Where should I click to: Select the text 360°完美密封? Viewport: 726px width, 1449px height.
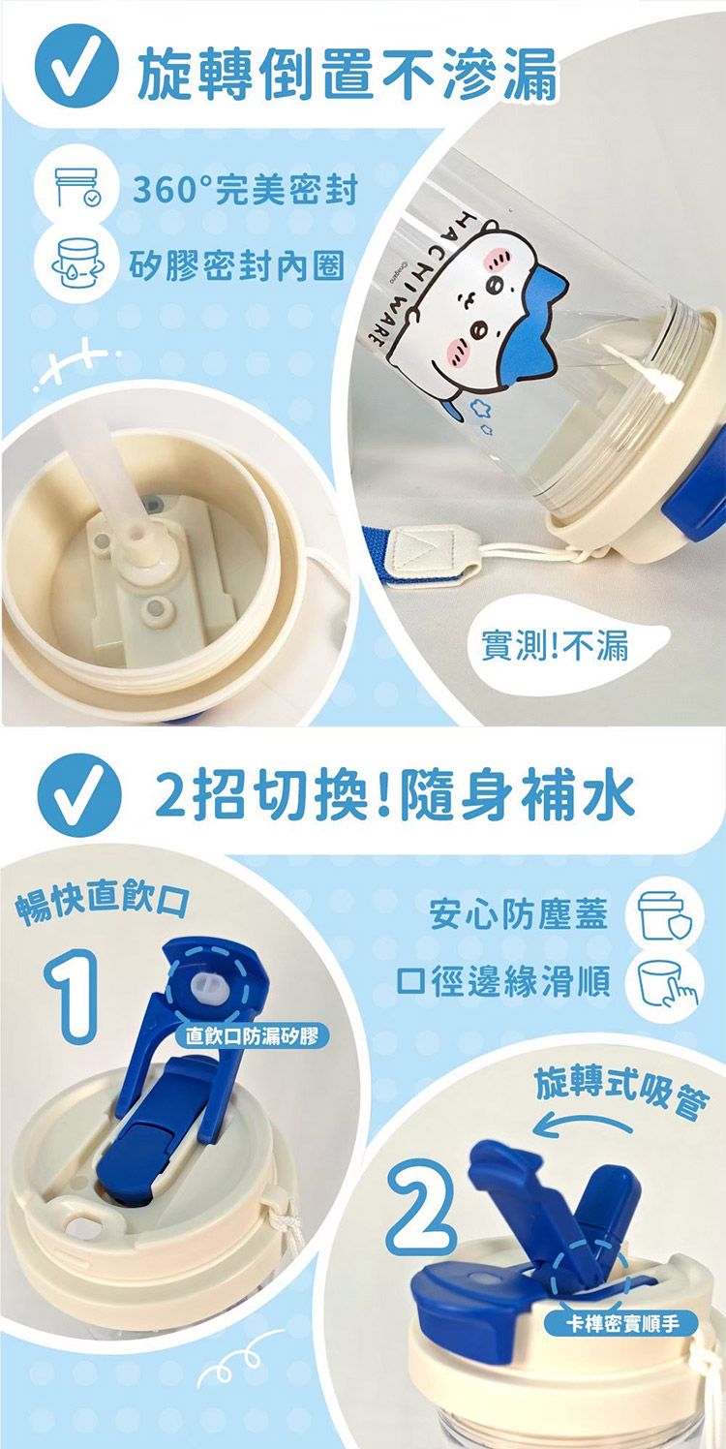point(245,190)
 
